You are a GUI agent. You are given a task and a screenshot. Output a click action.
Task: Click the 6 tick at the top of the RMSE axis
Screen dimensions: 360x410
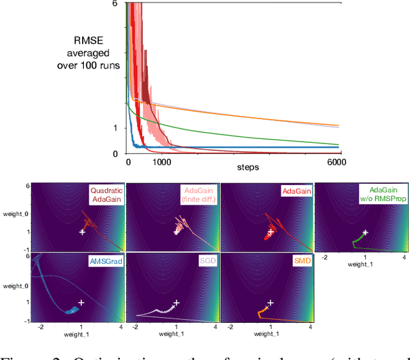tap(115, 4)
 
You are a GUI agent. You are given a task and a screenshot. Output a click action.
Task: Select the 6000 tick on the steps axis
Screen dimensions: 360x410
tap(335, 163)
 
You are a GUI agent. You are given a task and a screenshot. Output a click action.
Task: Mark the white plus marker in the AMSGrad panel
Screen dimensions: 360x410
tap(81, 302)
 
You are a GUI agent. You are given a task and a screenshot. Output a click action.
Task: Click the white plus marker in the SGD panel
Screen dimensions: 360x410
tap(177, 302)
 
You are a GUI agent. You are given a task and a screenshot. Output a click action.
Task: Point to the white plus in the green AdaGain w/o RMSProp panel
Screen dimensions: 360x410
tap(365, 233)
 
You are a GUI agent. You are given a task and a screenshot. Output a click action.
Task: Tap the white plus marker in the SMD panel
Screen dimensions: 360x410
tap(270, 302)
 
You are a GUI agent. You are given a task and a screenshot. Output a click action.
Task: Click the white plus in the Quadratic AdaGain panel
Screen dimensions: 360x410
tap(81, 232)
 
